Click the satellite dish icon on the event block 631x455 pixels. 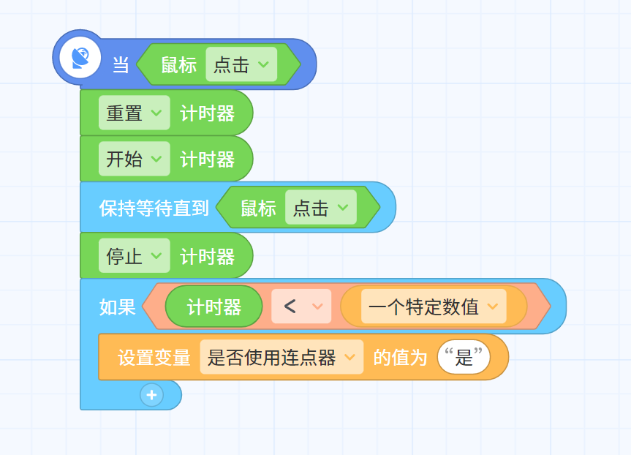(80, 58)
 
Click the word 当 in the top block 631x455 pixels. (121, 65)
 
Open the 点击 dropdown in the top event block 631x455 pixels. (241, 64)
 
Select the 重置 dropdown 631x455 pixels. (134, 113)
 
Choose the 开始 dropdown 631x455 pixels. (134, 159)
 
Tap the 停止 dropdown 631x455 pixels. (134, 256)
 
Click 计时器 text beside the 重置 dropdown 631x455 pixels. (207, 113)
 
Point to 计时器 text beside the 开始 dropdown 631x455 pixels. (207, 159)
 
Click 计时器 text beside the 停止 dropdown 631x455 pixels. (207, 257)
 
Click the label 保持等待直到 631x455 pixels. (154, 208)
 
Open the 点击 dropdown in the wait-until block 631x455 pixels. (321, 207)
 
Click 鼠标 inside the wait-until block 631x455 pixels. (258, 208)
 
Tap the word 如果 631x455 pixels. (118, 307)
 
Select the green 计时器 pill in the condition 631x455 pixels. (214, 307)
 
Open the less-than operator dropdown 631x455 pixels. (301, 306)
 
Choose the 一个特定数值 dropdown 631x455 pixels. (434, 306)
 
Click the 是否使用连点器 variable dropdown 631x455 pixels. (282, 357)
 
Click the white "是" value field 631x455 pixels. (464, 357)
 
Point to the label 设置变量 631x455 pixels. (154, 358)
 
